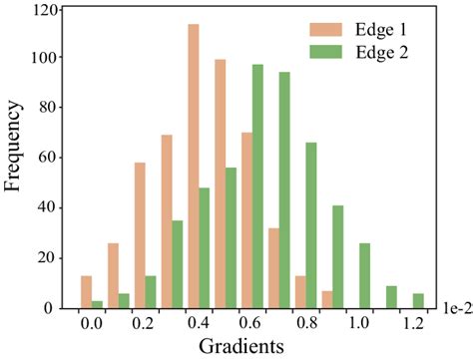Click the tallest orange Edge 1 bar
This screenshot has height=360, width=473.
tap(193, 166)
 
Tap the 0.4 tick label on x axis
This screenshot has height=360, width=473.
tap(198, 324)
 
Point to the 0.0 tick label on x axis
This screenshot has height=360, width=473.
tap(90, 324)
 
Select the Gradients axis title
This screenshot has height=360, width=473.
tap(240, 346)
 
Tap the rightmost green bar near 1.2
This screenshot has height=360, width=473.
tap(419, 301)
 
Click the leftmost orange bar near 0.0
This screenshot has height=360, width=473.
tap(86, 292)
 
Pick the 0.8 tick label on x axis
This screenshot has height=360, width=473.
tap(305, 324)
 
